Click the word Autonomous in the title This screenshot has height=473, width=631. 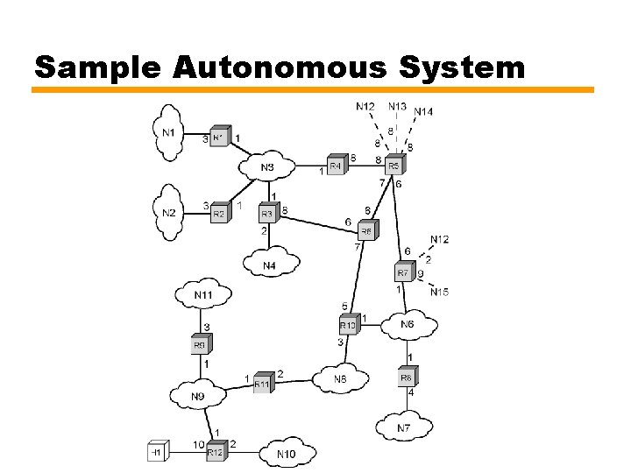[x=268, y=67]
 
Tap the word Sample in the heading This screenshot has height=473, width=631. [x=96, y=68]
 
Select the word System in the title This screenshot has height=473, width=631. [x=453, y=67]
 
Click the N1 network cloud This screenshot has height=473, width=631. [x=169, y=132]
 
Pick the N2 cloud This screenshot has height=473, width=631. [x=169, y=213]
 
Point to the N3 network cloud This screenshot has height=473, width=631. [x=267, y=166]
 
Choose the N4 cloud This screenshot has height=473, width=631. [x=269, y=265]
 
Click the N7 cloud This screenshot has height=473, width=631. [x=403, y=427]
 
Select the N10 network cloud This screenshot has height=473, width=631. [x=286, y=453]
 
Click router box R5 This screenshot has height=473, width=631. [x=393, y=165]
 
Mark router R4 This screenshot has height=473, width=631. [x=336, y=165]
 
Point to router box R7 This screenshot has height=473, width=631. [x=403, y=273]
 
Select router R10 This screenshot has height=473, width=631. [x=348, y=325]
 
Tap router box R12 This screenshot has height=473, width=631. [x=216, y=452]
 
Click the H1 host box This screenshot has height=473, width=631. [x=157, y=451]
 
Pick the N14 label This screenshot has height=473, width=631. [x=423, y=111]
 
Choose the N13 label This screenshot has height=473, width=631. [x=397, y=106]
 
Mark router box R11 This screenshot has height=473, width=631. [x=262, y=383]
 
